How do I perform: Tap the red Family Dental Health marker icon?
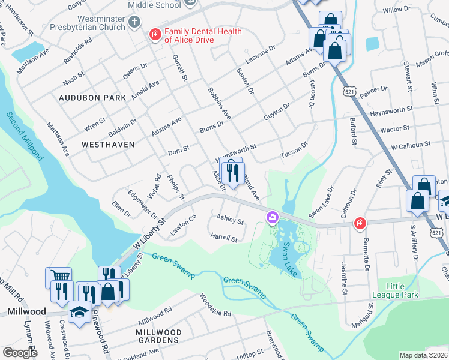155,35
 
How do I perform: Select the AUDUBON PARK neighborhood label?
92,97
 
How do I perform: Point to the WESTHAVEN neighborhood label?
91,145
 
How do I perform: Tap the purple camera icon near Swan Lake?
273,217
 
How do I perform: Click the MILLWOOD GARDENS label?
159,336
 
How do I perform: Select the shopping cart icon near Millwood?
58,276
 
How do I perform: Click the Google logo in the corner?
20,353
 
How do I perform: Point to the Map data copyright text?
423,355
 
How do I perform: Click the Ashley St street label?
230,221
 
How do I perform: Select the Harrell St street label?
224,238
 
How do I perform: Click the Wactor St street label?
395,128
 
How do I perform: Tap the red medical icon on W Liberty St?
360,223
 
